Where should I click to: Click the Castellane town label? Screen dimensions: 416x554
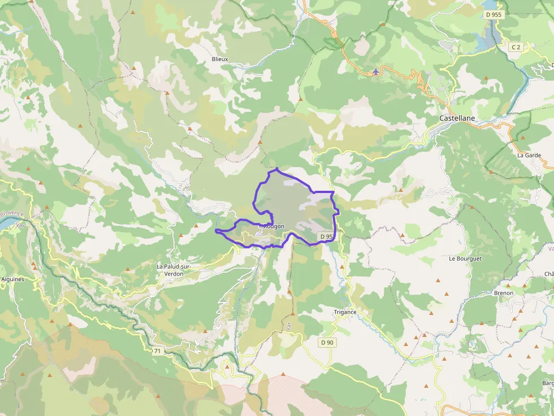pos(457,119)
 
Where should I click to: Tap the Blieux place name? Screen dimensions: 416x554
pos(220,59)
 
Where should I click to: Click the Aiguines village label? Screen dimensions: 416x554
pos(12,279)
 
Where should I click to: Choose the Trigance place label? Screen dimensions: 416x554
pos(345,312)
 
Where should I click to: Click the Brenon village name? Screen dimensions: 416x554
pos(503,293)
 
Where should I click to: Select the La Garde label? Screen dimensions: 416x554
pos(529,155)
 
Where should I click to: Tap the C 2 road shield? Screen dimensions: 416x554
pos(516,47)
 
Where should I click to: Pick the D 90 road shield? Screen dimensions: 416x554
pos(327,342)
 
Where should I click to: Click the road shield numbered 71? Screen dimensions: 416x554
pos(157,351)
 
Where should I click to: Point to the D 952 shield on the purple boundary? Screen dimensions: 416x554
pos(326,237)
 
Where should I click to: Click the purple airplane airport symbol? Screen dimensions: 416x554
pos(376,72)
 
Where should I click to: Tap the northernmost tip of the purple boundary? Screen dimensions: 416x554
pos(276,169)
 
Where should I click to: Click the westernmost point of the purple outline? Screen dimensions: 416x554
pos(216,230)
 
